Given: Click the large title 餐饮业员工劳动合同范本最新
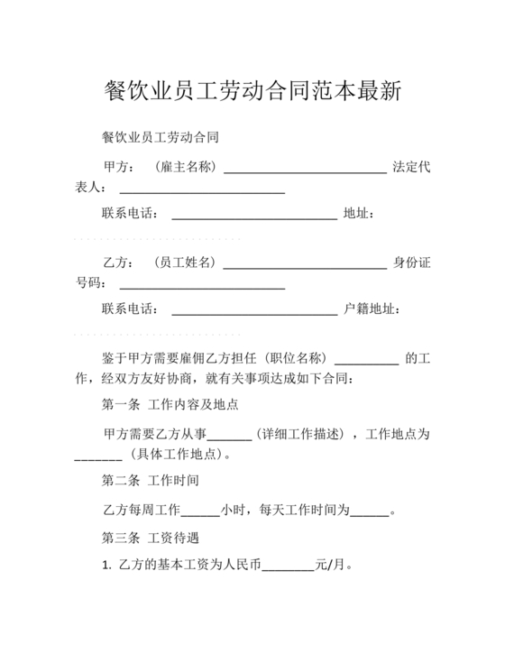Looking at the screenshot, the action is tap(252, 90).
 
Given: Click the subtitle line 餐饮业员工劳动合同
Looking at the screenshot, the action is tap(161, 138).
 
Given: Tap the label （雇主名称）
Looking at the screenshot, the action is tap(185, 167).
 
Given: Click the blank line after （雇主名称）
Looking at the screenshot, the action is tap(305, 170).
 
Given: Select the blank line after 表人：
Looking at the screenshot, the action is tap(202, 189).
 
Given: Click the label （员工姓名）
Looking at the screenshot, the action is tap(185, 263).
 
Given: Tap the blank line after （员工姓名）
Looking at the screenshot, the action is tap(305, 265).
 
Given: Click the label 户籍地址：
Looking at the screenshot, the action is tap(372, 309).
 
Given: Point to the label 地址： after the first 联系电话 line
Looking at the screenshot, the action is tap(359, 214).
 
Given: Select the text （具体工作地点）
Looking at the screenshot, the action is tap(176, 454).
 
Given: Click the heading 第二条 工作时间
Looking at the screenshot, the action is tap(151, 480).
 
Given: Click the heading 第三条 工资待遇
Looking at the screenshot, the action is tap(151, 539).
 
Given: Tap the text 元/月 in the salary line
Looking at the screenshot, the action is tap(329, 566).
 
